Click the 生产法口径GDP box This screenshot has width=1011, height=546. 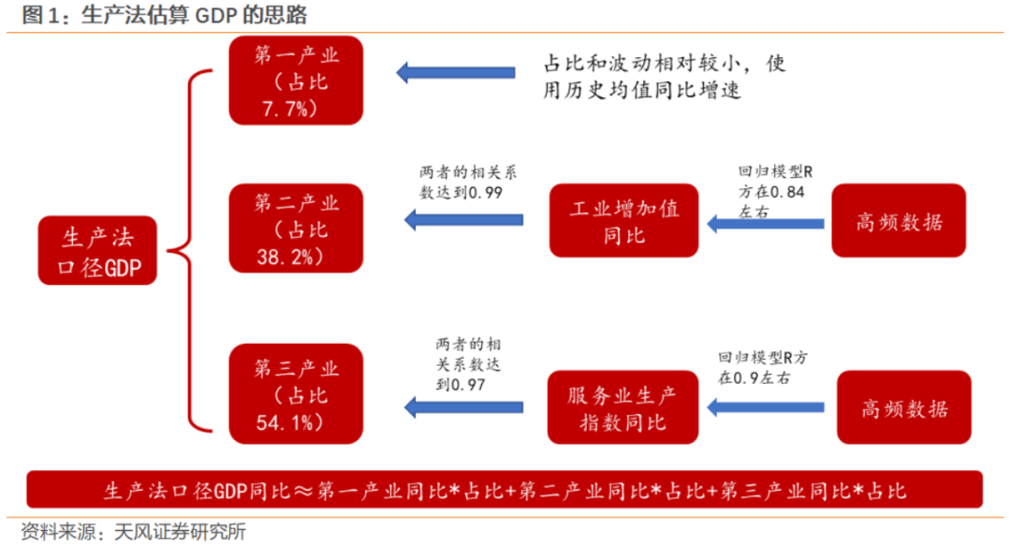(x=97, y=250)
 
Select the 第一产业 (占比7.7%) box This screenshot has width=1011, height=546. (x=296, y=81)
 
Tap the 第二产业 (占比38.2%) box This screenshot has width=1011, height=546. (x=296, y=228)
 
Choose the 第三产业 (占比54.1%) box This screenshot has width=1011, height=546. (x=296, y=393)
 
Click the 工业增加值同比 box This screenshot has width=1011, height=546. (x=623, y=221)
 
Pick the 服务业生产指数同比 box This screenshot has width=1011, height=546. (x=623, y=407)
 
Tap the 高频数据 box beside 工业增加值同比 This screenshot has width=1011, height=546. (x=899, y=221)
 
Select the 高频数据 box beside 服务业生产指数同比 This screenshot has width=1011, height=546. (x=904, y=407)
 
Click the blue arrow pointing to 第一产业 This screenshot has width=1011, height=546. (x=455, y=72)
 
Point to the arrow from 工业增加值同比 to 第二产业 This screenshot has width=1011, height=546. (x=463, y=220)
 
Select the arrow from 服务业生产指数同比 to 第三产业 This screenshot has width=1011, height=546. (x=463, y=407)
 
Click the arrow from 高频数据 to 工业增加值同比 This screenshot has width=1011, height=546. (x=766, y=224)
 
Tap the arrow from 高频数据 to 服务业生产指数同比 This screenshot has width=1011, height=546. (x=766, y=407)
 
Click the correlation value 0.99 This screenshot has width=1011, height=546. (x=485, y=192)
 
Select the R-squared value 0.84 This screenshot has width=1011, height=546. (x=787, y=192)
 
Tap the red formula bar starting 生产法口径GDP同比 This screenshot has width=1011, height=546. (x=505, y=489)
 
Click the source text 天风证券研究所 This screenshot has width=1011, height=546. (x=180, y=532)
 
